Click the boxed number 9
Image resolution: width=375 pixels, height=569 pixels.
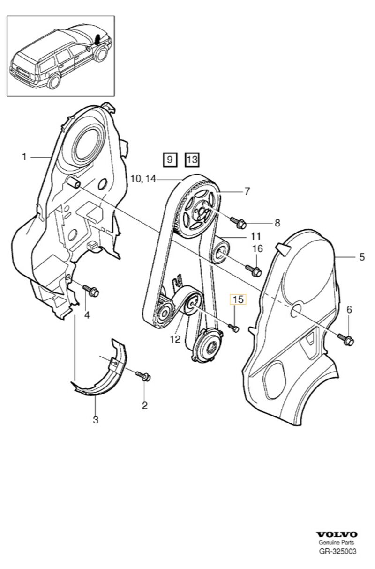click(169, 160)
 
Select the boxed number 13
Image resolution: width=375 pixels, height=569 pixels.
click(192, 160)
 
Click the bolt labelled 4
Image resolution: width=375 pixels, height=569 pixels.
click(91, 292)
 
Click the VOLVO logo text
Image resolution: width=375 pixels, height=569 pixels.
click(337, 534)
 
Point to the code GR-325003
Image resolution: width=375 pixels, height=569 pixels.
click(337, 551)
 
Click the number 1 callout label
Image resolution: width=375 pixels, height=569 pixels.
click(24, 157)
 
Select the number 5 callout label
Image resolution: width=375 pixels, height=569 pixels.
click(361, 256)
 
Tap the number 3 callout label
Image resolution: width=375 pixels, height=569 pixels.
click(96, 420)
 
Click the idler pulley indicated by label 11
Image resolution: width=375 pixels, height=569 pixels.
click(220, 250)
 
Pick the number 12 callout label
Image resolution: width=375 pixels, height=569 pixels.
click(175, 339)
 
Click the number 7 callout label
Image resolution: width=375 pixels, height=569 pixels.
click(247, 191)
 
